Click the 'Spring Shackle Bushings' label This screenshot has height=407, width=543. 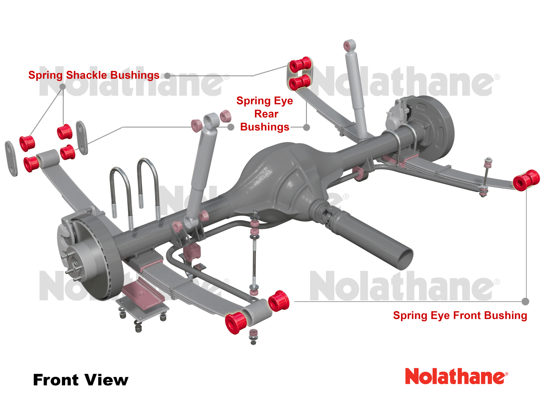94,75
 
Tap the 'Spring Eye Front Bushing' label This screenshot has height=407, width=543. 460,315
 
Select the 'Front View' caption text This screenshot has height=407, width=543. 81,380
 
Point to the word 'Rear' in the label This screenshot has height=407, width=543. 266,114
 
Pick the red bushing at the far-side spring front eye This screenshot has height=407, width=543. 526,180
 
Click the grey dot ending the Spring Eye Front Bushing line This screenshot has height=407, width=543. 525,302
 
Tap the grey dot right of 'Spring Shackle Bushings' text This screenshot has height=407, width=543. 167,76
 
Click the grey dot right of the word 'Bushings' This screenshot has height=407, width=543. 307,127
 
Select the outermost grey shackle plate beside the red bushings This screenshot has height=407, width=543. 11,159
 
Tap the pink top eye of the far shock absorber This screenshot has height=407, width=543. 350,46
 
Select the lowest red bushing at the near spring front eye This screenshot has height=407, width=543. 236,323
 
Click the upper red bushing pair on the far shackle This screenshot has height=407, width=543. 300,65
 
